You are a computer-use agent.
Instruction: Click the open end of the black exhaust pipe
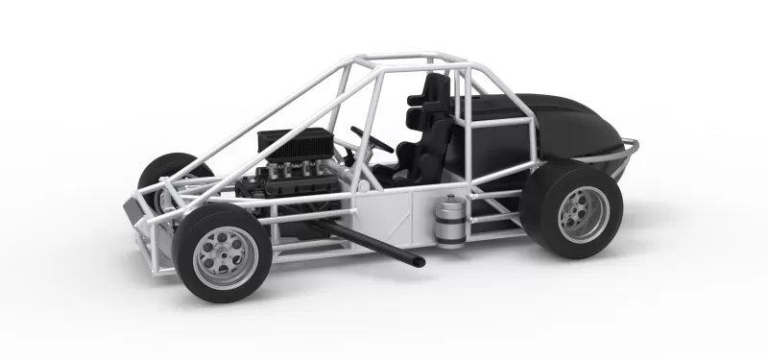[x=418, y=260]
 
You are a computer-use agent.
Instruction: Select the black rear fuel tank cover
[x=566, y=125]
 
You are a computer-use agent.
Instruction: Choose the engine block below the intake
[x=288, y=187]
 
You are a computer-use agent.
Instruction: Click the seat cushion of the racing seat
[x=403, y=171]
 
